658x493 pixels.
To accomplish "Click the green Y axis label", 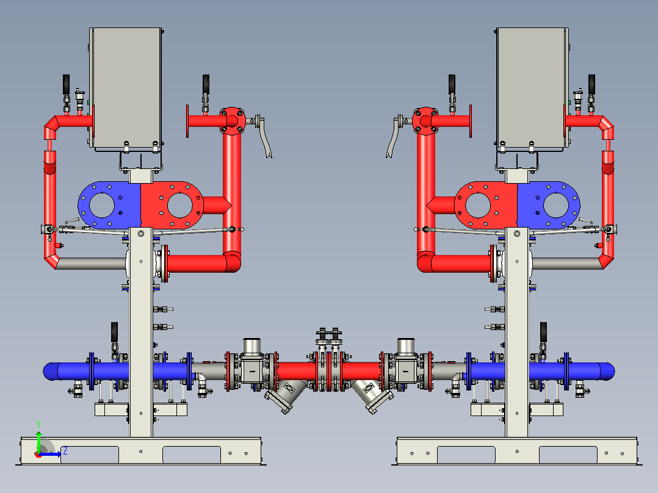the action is pos(38,424).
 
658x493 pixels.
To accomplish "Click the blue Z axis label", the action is pos(65,452).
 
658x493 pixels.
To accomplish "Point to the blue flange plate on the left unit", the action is pos(109,205).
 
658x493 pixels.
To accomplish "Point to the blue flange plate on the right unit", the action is pos(549,205).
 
